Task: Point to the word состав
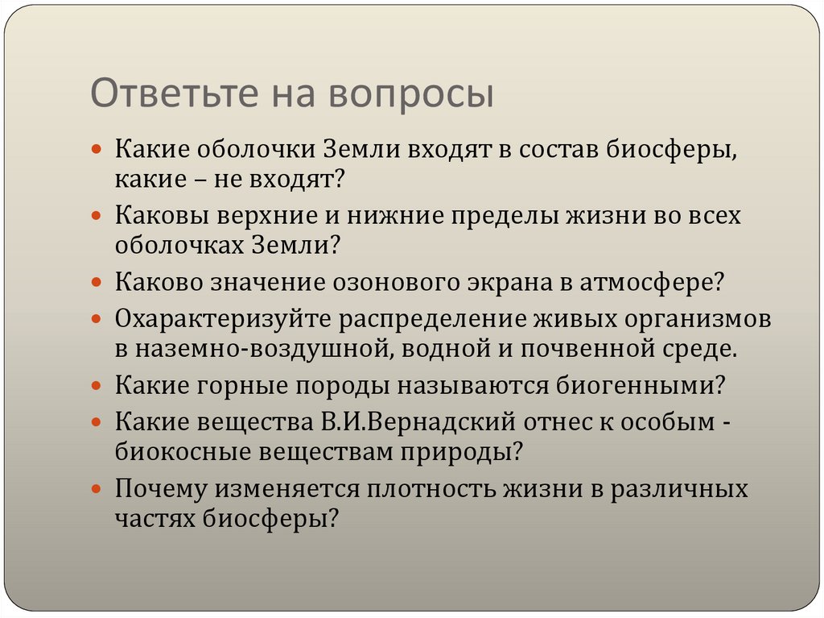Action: (x=549, y=150)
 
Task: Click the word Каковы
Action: (x=161, y=216)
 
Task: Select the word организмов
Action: (x=695, y=319)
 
